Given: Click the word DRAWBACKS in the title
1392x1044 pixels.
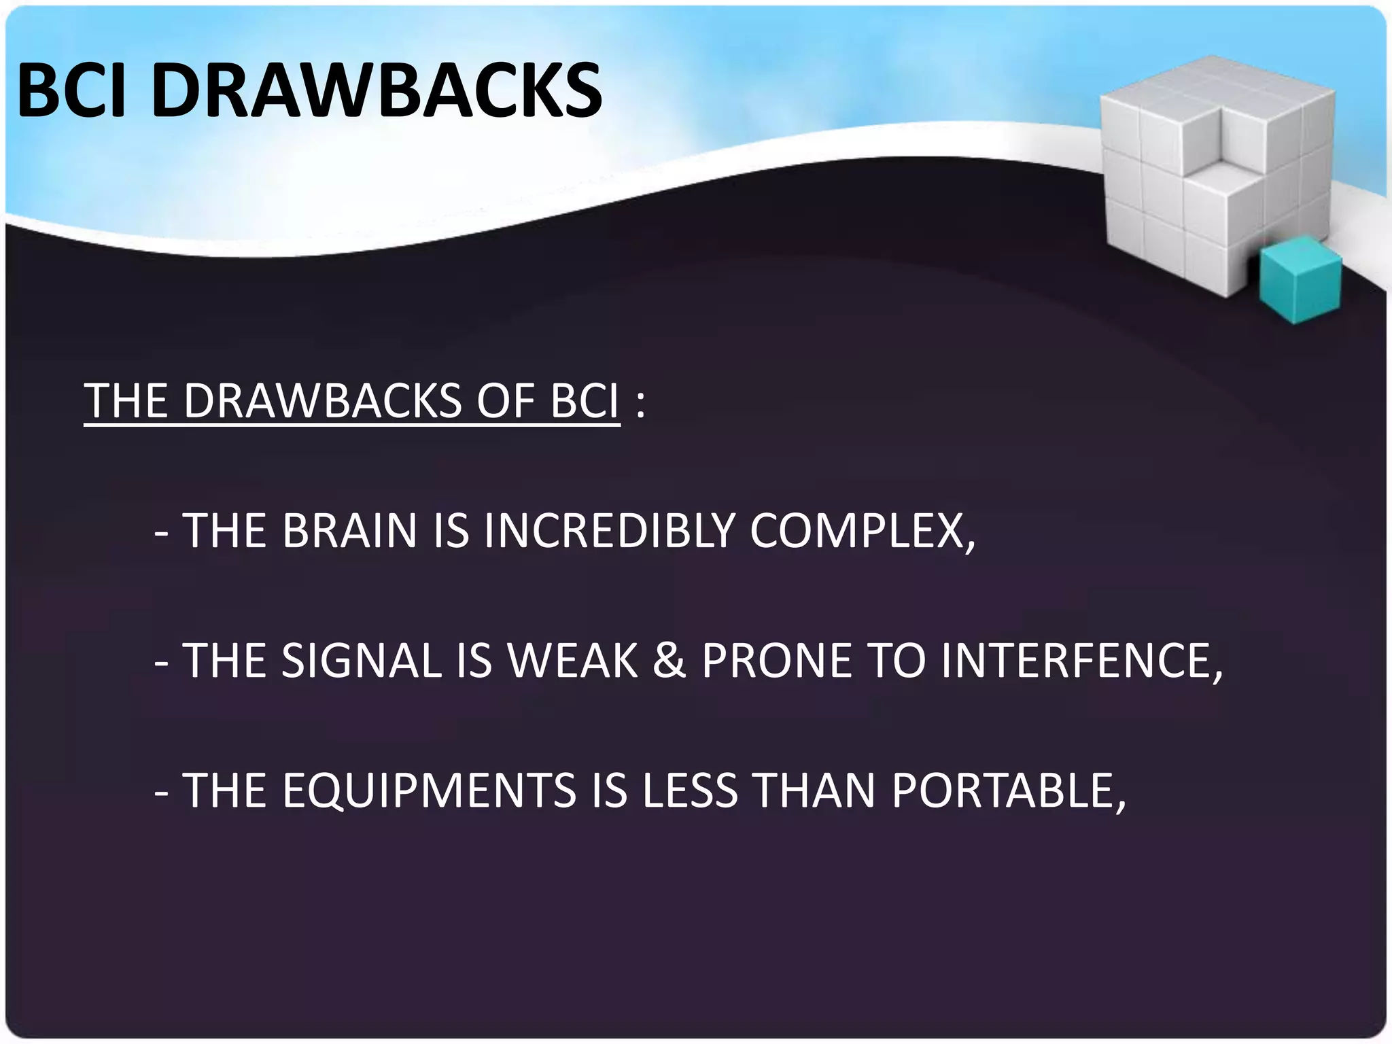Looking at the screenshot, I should pyautogui.click(x=377, y=90).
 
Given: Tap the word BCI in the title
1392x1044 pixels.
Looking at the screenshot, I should pyautogui.click(x=72, y=90).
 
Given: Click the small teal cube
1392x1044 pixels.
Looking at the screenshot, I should pyautogui.click(x=1300, y=279).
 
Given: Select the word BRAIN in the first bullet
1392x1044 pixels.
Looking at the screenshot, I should pyautogui.click(x=349, y=531).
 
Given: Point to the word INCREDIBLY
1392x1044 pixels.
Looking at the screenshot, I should pyautogui.click(x=609, y=531).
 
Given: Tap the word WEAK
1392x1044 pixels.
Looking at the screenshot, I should pyautogui.click(x=572, y=661).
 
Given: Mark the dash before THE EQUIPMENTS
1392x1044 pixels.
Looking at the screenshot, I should pyautogui.click(x=161, y=793).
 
